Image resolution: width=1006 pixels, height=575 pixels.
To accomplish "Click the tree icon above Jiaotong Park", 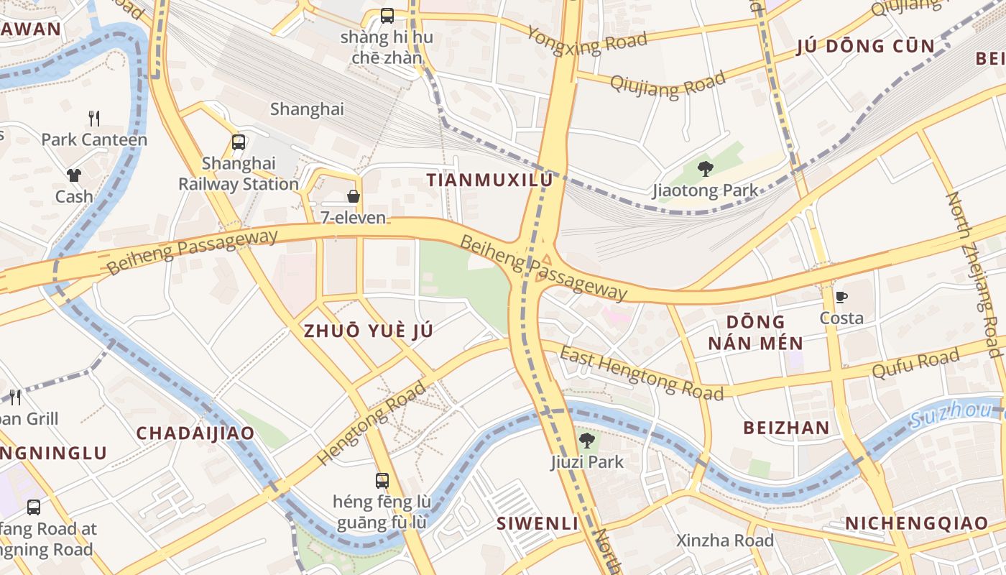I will point(705,169).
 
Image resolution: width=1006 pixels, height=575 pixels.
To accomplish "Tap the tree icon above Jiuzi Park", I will point(587,440).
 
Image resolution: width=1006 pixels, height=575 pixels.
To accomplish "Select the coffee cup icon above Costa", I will point(841,296).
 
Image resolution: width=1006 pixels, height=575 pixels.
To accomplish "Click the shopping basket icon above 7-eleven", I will point(353,195).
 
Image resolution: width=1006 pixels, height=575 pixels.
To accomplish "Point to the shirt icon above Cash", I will point(74,175).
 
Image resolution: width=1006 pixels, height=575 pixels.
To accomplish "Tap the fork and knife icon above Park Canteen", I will point(94,118).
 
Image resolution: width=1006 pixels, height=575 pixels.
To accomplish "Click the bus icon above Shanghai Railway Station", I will point(239,142).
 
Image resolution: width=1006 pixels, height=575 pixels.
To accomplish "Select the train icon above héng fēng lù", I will point(382,480).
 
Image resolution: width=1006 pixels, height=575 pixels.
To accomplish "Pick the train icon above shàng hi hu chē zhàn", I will point(387,15).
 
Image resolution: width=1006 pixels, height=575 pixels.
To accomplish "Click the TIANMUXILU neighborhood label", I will point(490,180).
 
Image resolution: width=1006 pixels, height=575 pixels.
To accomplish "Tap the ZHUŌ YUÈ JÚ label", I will point(369,331).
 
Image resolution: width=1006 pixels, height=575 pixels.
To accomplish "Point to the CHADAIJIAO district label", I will point(195,433).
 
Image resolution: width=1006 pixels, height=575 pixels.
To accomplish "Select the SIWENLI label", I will point(537,523).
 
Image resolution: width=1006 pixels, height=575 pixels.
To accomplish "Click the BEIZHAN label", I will point(786,428).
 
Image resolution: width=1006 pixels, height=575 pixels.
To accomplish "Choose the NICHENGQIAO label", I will point(917,523).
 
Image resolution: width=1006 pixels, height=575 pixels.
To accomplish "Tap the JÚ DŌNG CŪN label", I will point(866,47).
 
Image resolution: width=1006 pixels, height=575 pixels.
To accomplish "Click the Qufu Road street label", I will point(915,364).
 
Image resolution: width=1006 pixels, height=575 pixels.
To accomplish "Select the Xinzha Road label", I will point(725,540).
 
